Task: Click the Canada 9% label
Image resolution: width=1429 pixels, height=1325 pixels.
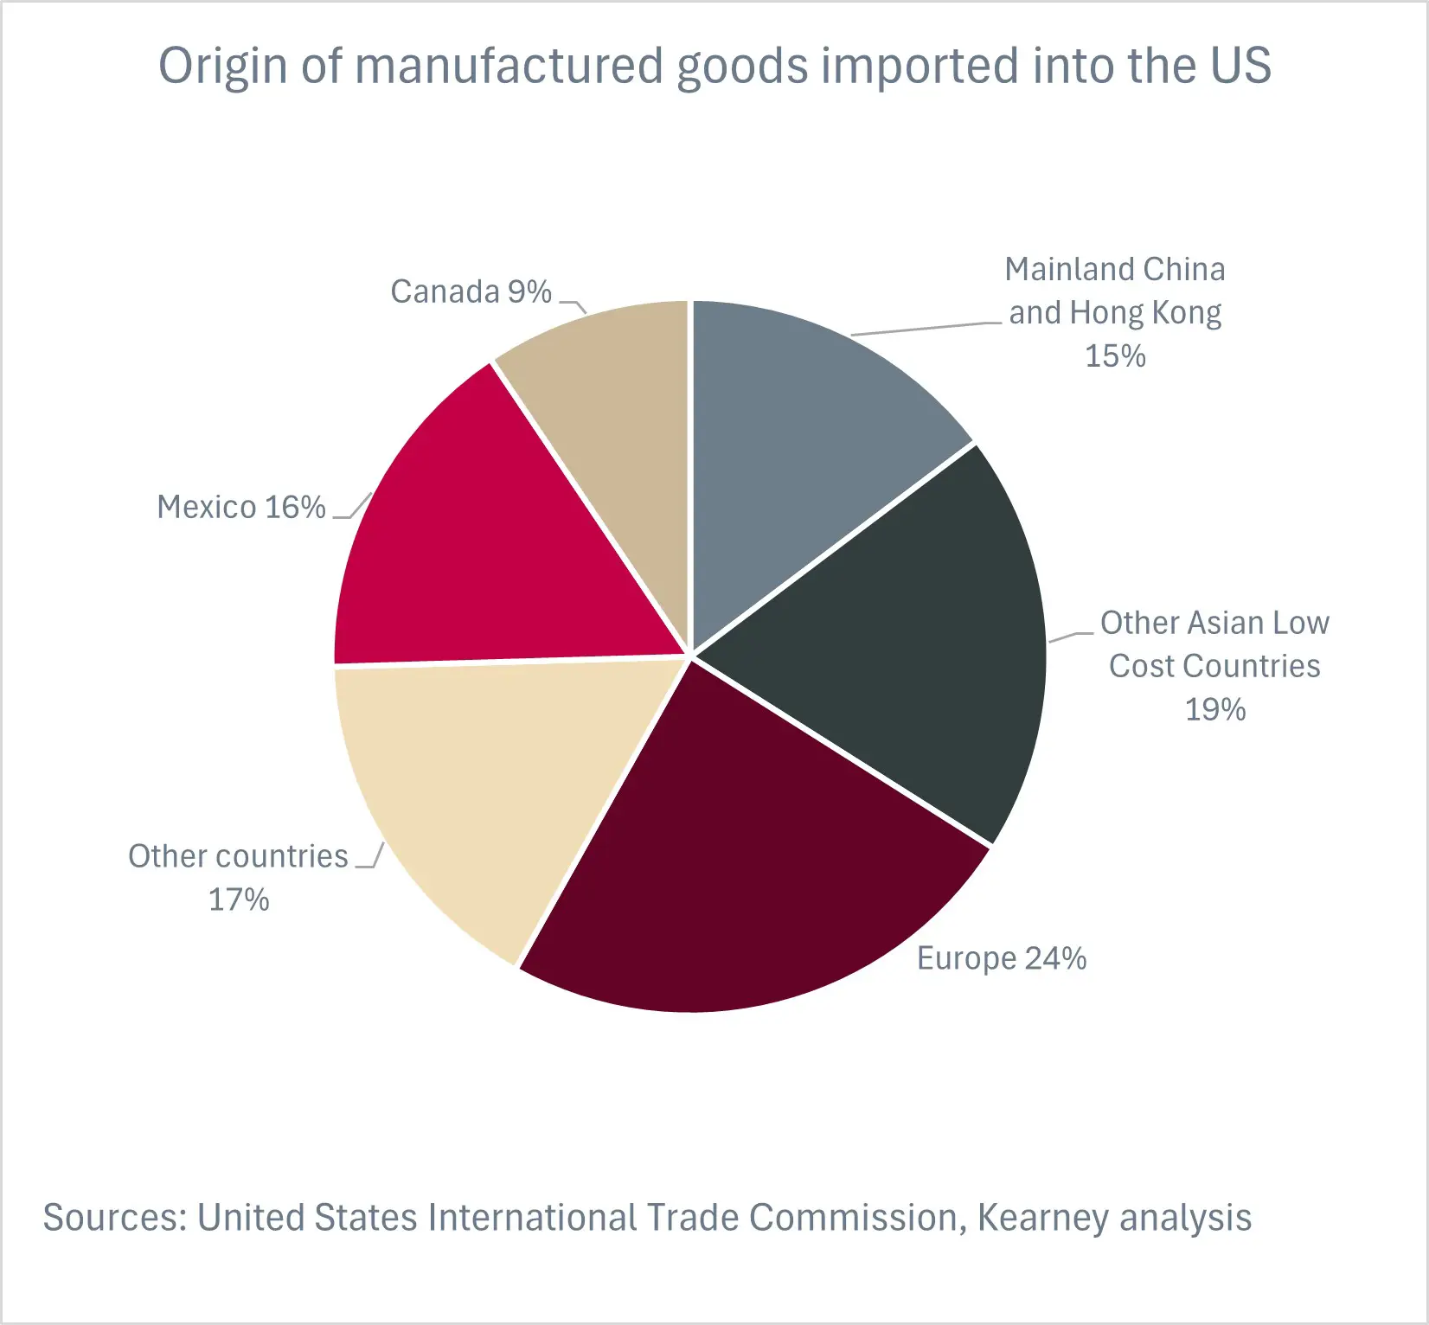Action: click(471, 292)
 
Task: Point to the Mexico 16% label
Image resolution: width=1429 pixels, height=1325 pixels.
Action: click(240, 507)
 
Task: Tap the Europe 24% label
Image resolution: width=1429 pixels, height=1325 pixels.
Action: click(1001, 958)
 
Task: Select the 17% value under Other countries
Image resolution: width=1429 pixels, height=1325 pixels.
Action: click(239, 899)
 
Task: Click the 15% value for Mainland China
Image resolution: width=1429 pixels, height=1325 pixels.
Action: click(1115, 355)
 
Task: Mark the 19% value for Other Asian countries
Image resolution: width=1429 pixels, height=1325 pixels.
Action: click(1214, 709)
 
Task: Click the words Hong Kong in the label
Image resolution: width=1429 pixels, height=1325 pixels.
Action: click(1145, 313)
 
